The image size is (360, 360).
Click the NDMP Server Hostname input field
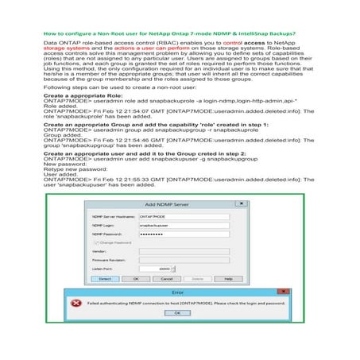tap(171, 216)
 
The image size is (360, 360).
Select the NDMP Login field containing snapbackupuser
tap(171, 226)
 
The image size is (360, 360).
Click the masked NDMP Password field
tap(171, 236)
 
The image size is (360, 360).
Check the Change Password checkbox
tap(93, 244)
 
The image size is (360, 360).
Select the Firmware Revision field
tap(171, 261)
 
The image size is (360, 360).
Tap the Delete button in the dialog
tap(198, 280)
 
